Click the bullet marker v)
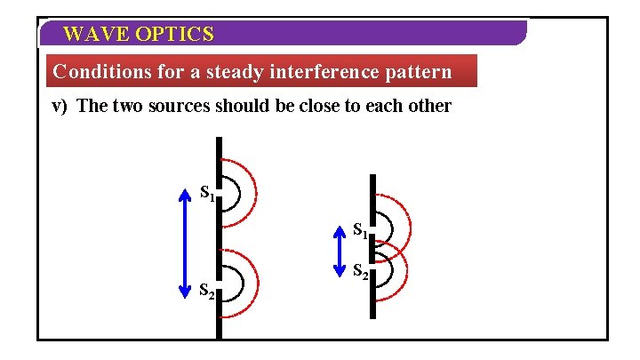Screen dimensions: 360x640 coord(60,107)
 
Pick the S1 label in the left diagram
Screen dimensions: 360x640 coord(206,192)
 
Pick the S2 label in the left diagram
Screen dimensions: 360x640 coord(206,290)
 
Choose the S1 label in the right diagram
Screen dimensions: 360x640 coord(361,230)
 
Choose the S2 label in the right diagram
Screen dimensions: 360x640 coord(361,272)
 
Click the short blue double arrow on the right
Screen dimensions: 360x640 coord(339,250)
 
